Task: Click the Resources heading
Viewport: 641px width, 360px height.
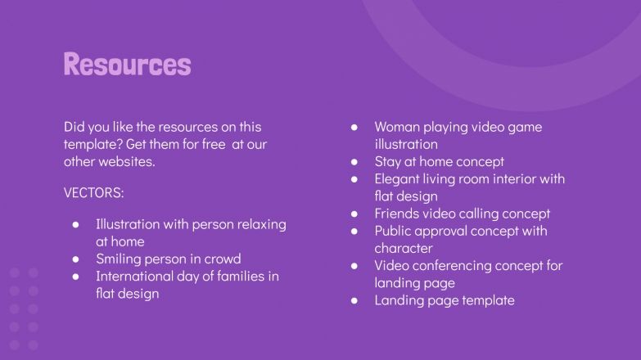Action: point(127,64)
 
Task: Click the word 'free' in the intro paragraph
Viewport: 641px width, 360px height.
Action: point(209,144)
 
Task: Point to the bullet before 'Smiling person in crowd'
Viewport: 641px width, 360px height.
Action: point(75,259)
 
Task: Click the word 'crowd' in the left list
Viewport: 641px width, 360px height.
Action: point(221,259)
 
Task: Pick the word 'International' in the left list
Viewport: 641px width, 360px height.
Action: point(135,276)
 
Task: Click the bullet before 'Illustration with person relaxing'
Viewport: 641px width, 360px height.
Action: point(75,224)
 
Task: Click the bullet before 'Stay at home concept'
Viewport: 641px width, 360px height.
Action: point(354,162)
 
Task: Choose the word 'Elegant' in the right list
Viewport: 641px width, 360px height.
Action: point(399,178)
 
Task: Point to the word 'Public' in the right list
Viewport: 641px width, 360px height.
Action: point(394,231)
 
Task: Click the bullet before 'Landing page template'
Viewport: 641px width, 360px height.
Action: point(354,300)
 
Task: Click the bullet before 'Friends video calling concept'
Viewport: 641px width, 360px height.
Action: point(354,214)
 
